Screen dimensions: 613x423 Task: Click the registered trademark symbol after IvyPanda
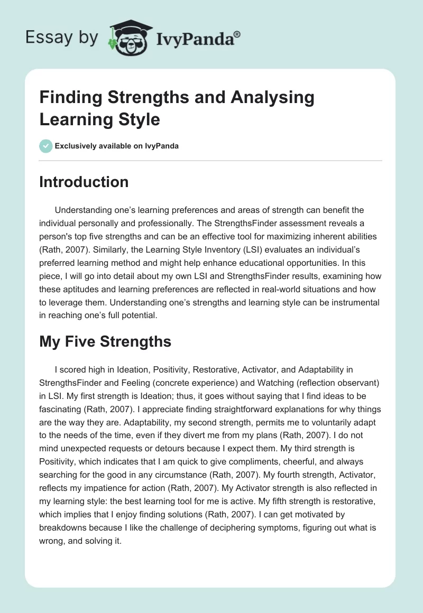[x=237, y=34]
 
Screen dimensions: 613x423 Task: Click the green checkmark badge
[x=46, y=146]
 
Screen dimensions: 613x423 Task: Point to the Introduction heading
[x=84, y=182]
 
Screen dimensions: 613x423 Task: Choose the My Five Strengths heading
[x=105, y=341]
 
